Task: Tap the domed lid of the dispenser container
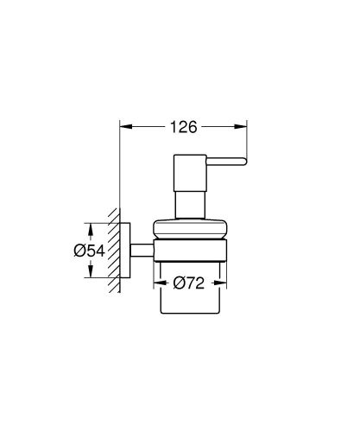point(191,231)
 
